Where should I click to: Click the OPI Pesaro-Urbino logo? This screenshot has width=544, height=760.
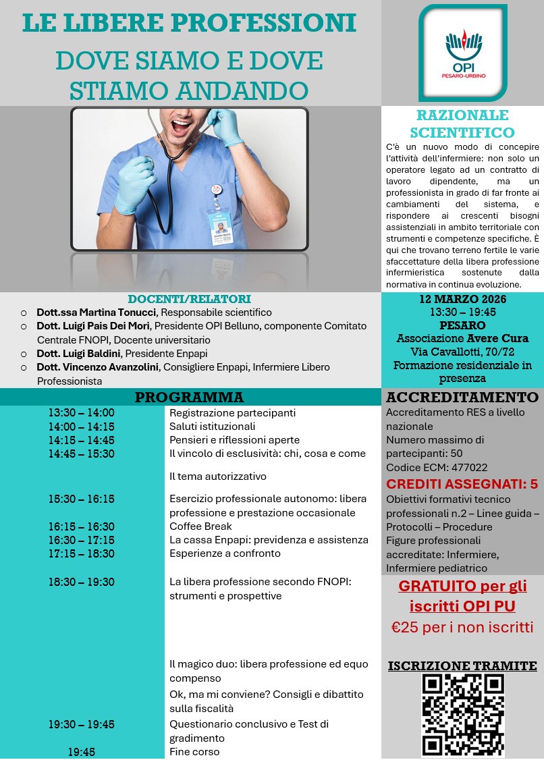[x=462, y=52]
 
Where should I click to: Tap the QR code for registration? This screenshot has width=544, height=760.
[x=462, y=715]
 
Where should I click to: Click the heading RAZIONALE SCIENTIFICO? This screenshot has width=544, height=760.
[x=462, y=124]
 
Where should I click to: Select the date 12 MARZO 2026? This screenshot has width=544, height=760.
[x=462, y=299]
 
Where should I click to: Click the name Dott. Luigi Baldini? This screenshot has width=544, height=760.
[x=80, y=353]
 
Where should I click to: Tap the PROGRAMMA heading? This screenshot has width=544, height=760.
[x=189, y=397]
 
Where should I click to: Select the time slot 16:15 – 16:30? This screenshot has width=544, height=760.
[x=81, y=526]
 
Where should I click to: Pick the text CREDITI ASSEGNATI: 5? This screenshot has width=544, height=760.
[x=462, y=484]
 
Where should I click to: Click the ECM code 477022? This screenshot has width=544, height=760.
[x=470, y=467]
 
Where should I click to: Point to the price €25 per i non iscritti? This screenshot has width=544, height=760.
[x=462, y=627]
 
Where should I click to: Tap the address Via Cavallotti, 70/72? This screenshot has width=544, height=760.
[x=462, y=352]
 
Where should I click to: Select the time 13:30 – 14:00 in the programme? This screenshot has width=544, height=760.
[x=81, y=413]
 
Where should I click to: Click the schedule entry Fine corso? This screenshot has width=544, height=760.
[x=194, y=752]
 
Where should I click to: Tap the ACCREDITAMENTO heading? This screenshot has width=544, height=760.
[x=462, y=397]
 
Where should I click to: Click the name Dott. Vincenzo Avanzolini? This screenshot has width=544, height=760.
[x=98, y=367]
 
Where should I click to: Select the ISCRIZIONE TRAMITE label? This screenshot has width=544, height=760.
[x=462, y=666]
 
